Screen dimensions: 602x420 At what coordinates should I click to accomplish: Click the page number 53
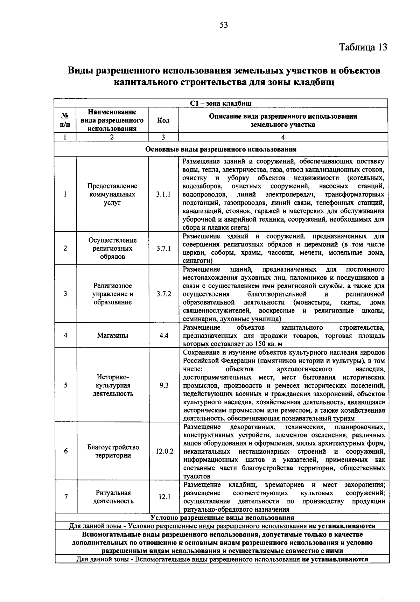tap(224, 25)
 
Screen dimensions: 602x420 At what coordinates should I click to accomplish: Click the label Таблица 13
tap(363, 47)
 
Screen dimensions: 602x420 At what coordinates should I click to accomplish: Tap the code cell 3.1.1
tap(163, 194)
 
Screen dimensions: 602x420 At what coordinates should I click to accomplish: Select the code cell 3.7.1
tap(163, 248)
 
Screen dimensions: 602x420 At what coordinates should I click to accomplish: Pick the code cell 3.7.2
tap(163, 294)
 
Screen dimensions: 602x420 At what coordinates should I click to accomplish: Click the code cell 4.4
tap(164, 335)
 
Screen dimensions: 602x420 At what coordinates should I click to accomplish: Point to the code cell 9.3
tap(164, 385)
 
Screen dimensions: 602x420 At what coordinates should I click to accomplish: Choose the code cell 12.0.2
tap(164, 451)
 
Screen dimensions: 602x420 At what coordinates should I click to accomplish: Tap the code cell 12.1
tap(164, 497)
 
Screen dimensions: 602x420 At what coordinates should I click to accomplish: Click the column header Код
tap(163, 120)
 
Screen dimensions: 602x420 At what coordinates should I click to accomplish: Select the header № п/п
tap(65, 120)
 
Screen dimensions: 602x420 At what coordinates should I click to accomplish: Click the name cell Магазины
tap(113, 335)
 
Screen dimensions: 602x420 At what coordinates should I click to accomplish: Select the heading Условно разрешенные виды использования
tap(222, 518)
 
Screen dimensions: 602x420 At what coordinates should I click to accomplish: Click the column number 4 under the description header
tap(283, 138)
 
